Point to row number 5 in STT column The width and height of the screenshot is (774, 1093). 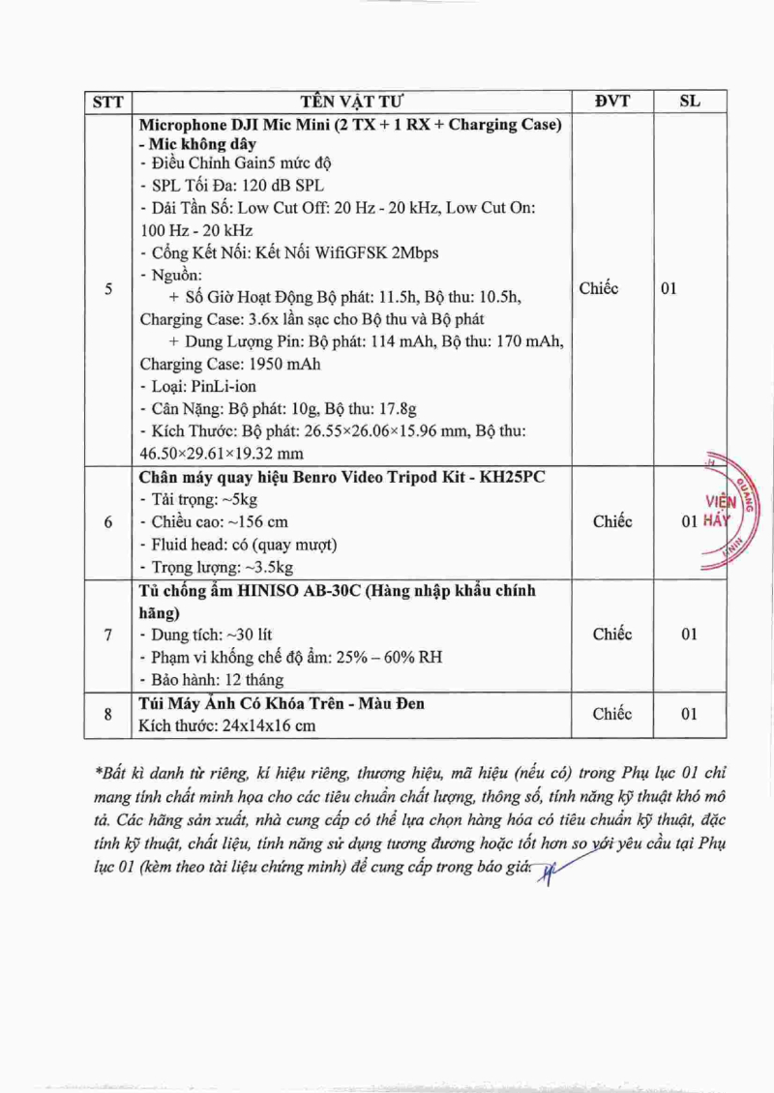pos(107,288)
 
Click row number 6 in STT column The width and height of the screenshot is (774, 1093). pos(107,522)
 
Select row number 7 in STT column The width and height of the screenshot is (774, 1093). pos(107,635)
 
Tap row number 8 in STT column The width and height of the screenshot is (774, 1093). pos(107,714)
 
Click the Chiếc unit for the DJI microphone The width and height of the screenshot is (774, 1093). pos(598,288)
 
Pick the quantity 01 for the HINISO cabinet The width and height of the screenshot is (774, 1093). pos(688,635)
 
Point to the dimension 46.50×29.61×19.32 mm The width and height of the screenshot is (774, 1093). pos(222,453)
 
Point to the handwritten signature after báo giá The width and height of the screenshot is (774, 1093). pos(553,871)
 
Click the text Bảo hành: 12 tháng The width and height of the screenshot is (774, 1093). pos(204,680)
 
